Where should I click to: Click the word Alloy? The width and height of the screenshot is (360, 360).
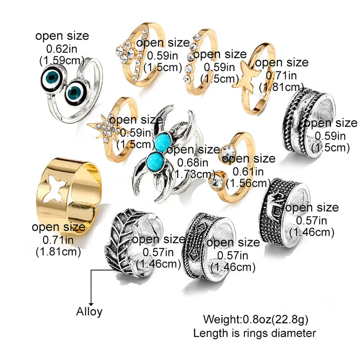pyautogui.click(x=89, y=312)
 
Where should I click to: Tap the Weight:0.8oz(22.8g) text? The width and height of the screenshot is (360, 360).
pyautogui.click(x=256, y=319)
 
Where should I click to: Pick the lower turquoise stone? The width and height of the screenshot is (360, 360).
pyautogui.click(x=155, y=162)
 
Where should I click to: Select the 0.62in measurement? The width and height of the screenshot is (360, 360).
pyautogui.click(x=62, y=49)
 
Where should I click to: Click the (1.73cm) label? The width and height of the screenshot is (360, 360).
pyautogui.click(x=193, y=174)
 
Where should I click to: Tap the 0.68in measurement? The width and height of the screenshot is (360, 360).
pyautogui.click(x=193, y=162)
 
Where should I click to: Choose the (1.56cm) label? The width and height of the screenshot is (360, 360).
pyautogui.click(x=248, y=183)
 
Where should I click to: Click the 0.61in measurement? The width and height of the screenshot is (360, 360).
pyautogui.click(x=248, y=171)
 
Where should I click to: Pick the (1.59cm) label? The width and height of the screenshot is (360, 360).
pyautogui.click(x=62, y=61)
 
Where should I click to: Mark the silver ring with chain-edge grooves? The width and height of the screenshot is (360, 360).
pyautogui.click(x=308, y=121)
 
